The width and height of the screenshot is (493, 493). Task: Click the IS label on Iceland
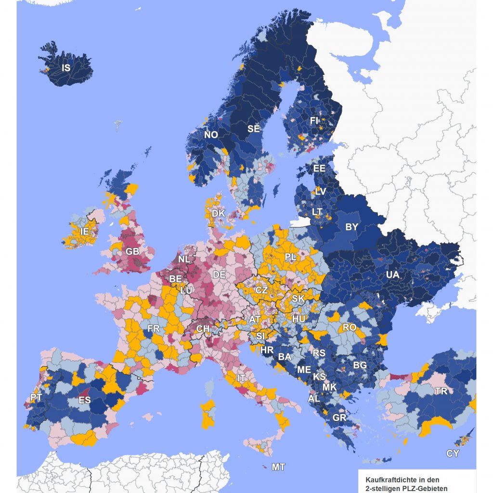[x=66, y=68]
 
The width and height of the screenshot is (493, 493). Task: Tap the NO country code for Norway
[x=211, y=135]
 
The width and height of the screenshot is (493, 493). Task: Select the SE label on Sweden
[x=253, y=129]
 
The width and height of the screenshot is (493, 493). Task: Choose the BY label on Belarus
[x=352, y=227]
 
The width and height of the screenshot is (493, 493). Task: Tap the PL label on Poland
[x=290, y=257]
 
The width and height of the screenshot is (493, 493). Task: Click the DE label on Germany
[x=220, y=275]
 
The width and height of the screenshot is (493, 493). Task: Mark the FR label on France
[x=154, y=329]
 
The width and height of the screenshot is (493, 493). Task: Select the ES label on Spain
[x=84, y=400]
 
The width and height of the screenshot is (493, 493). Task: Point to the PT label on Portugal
[x=36, y=397]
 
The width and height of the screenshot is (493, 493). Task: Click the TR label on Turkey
[x=441, y=391]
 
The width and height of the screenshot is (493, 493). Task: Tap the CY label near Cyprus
[x=453, y=454]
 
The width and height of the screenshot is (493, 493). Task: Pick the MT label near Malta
[x=278, y=467]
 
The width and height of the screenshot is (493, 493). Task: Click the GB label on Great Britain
[x=132, y=251]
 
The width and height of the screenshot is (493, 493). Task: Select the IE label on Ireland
[x=85, y=232]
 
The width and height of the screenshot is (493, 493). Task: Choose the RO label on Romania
[x=349, y=328]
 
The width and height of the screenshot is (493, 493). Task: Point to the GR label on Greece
[x=339, y=417]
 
